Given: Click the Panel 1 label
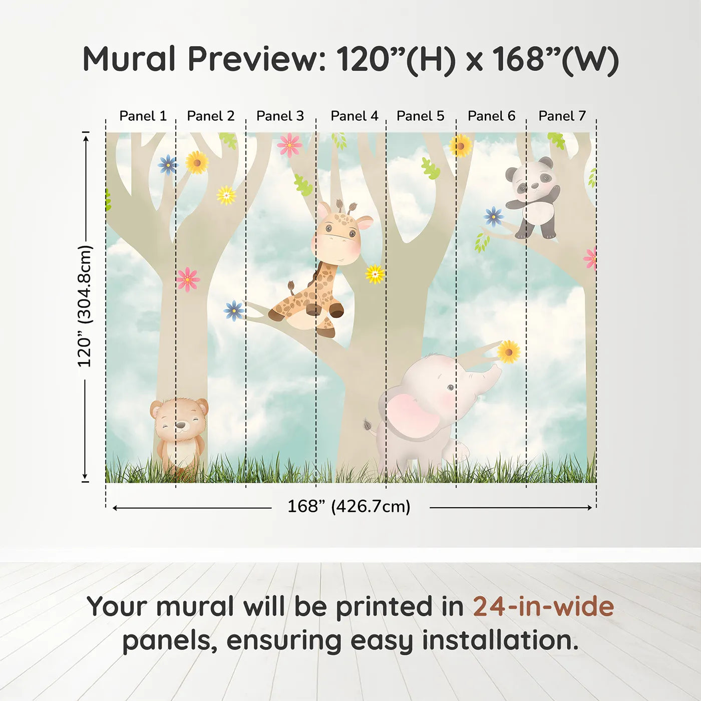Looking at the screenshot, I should click(143, 116).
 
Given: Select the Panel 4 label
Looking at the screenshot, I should click(354, 116).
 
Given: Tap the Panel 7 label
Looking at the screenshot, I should click(562, 116).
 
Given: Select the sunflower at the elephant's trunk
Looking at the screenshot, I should click(509, 352).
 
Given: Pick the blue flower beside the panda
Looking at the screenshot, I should click(494, 216).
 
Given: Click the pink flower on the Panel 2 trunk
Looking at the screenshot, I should click(188, 279).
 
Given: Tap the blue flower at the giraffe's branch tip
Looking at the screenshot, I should click(234, 310).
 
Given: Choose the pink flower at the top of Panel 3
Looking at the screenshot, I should click(289, 145).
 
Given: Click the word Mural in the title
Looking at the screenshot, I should click(129, 59).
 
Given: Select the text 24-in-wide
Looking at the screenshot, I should click(543, 607).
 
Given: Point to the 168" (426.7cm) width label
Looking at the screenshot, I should click(349, 507).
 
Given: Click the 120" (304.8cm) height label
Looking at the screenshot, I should click(85, 306).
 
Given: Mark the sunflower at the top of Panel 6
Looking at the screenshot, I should click(460, 146).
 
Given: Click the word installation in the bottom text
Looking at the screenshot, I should click(500, 641).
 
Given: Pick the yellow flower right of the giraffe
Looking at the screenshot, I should click(375, 274).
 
